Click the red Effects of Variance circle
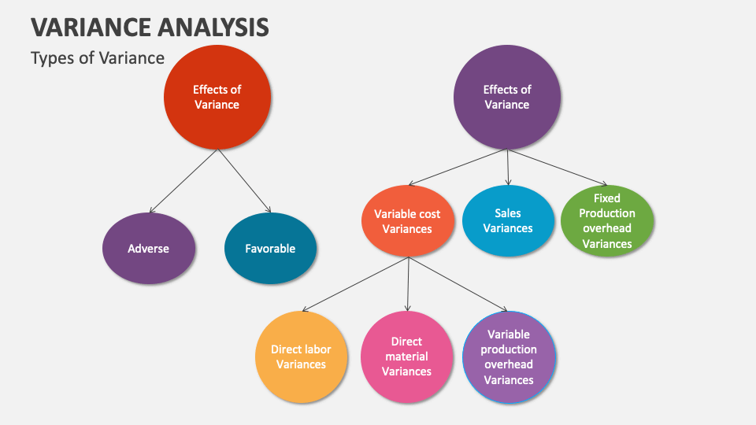pos(217,97)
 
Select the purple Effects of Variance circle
pos(506,97)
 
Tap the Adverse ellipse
pos(149,248)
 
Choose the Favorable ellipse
pos(270,248)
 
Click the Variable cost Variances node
pos(407,221)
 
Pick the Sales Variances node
pos(508,220)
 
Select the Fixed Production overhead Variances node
pos(607,220)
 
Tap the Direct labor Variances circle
pos(302,357)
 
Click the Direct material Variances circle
pos(407,357)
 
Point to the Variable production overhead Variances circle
pos(510,357)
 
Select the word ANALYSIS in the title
pos(213,27)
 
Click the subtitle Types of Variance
pos(98,57)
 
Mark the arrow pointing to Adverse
pos(183,181)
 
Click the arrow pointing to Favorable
pos(244,181)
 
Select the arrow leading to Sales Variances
pos(508,167)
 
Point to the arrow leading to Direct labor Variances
pos(355,284)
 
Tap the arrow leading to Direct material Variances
pos(408,284)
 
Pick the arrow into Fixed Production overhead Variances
pos(558,167)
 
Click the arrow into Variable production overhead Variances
pos(458,284)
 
